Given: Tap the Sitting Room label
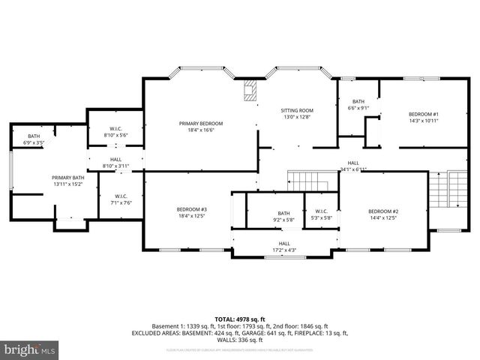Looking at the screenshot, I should click(296, 109).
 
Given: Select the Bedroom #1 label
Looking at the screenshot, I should click(423, 114).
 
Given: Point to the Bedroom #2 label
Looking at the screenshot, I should click(382, 211).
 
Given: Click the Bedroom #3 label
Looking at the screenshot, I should click(192, 209).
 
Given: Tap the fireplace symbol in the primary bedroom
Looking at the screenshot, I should click(250, 91).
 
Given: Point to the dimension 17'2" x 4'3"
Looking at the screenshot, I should click(284, 250).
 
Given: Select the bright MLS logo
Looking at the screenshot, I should click(30, 349).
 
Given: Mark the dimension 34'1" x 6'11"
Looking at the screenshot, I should click(353, 169).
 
